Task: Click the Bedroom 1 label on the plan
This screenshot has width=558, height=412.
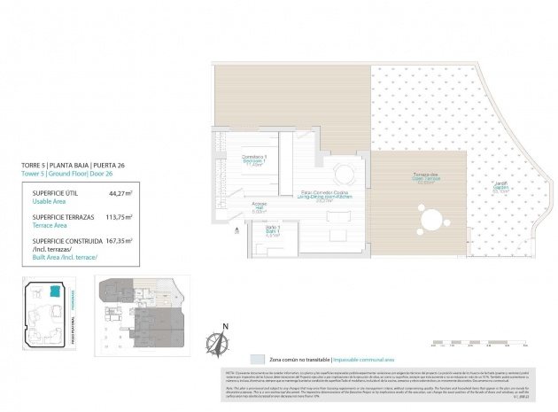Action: tap(255, 160)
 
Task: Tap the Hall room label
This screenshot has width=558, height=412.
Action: tap(260, 210)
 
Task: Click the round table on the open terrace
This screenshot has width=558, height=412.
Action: tap(432, 218)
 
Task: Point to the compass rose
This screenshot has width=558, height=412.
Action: tap(217, 339)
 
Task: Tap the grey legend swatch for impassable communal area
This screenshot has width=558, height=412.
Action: tap(257, 360)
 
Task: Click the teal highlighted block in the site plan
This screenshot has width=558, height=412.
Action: tap(55, 292)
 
